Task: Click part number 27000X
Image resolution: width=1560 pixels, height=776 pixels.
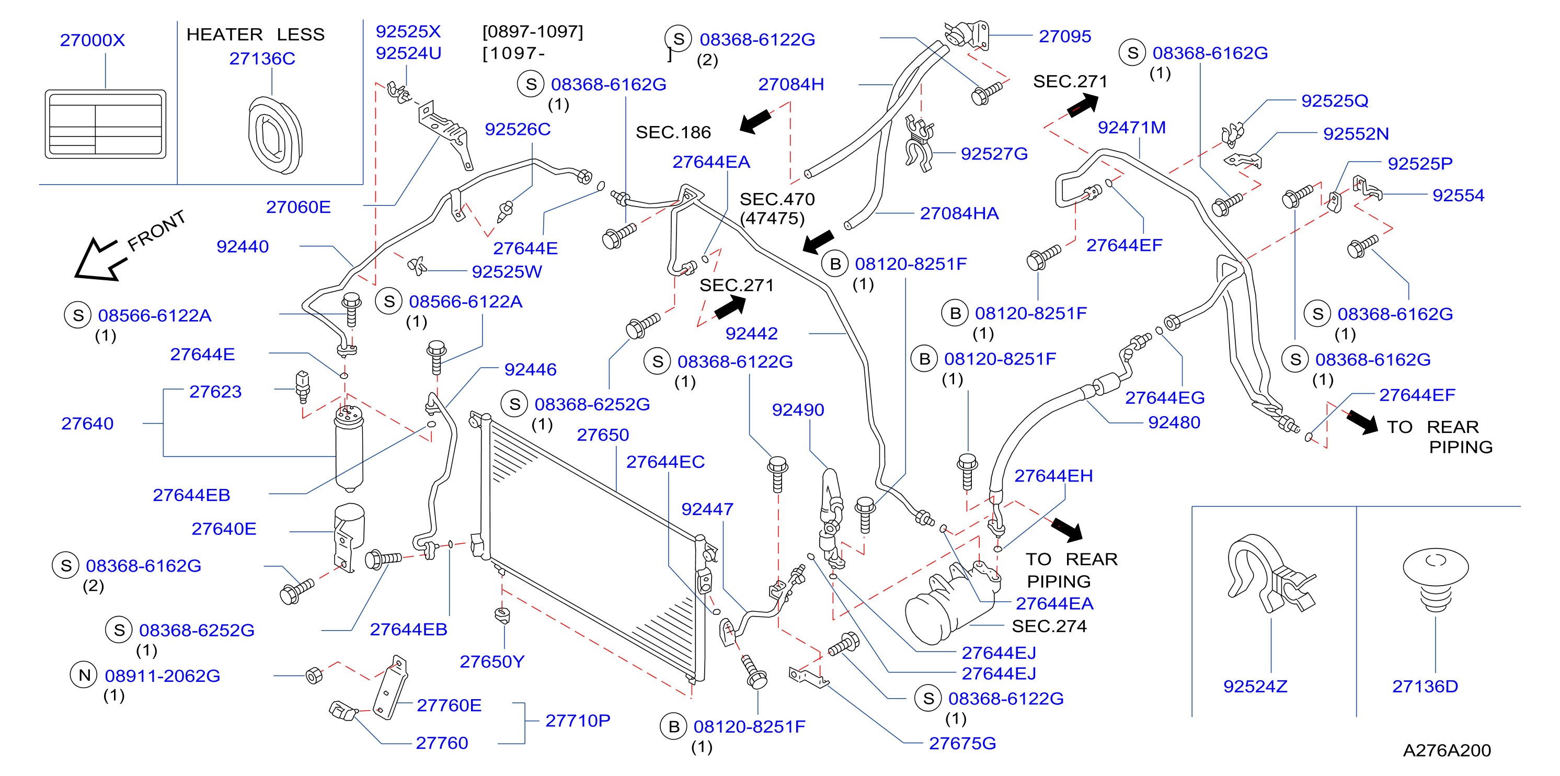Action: (x=92, y=40)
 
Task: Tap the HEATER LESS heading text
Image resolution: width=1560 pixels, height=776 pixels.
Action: (x=255, y=34)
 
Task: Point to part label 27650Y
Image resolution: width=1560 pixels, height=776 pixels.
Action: (x=492, y=661)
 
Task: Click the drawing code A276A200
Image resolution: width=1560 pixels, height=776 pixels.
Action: (x=1447, y=750)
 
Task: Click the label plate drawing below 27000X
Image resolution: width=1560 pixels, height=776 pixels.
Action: (x=106, y=124)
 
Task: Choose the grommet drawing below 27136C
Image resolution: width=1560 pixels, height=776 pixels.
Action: (x=275, y=135)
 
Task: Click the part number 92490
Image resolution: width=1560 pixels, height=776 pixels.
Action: (x=798, y=410)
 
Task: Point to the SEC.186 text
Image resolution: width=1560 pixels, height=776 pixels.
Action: (x=673, y=132)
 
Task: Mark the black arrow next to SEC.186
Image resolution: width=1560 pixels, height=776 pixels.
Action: (x=755, y=121)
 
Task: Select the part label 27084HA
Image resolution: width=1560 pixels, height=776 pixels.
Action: (x=959, y=213)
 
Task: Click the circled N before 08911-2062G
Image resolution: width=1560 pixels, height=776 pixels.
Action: (x=85, y=675)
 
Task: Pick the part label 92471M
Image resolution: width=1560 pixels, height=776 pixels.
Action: (x=1131, y=127)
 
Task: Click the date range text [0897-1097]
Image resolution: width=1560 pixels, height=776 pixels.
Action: (x=532, y=31)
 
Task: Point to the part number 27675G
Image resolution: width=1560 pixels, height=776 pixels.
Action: (x=962, y=743)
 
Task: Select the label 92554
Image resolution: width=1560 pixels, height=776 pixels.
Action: (x=1458, y=195)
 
